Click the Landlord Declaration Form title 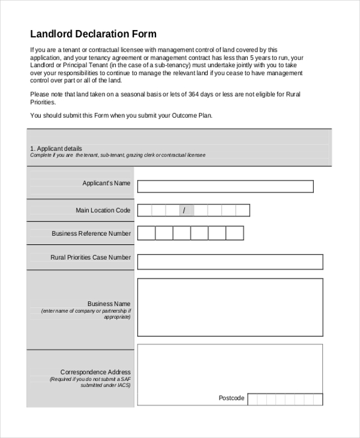click(93, 34)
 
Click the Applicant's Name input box click(225, 187)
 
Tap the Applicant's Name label click(106, 183)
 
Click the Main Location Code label click(103, 210)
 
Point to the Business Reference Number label click(91, 233)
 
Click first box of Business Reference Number click(146, 233)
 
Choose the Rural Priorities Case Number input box click(230, 262)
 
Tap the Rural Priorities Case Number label click(91, 257)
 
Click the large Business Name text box click(230, 307)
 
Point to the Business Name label click(109, 304)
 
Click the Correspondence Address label click(95, 372)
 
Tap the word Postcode click(231, 398)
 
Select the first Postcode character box click(253, 399)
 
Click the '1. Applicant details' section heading click(56, 148)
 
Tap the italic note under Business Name click(86, 314)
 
